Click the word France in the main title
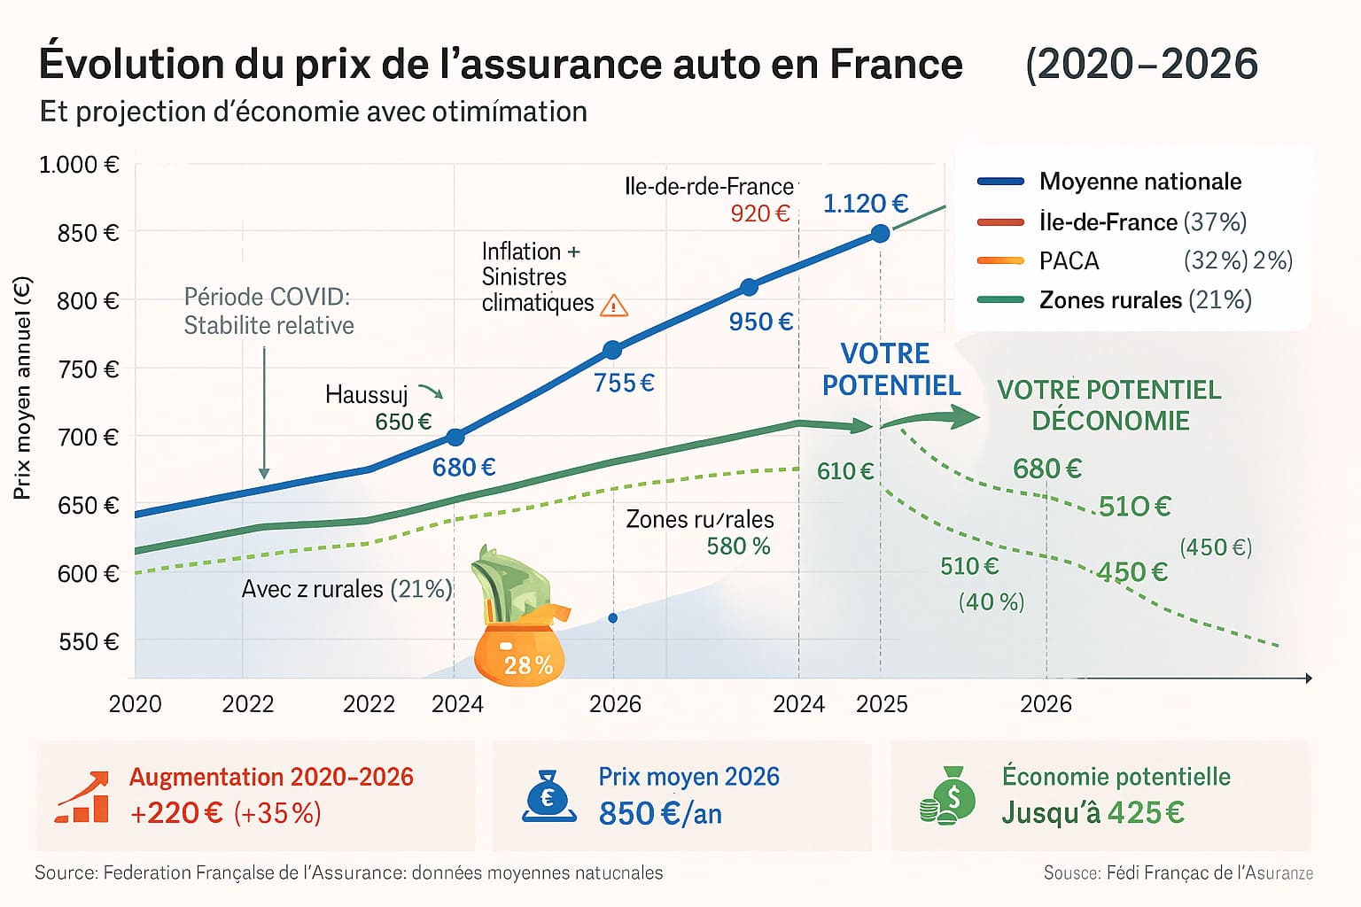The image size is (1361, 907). tap(896, 64)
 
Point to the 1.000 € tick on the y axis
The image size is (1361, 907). tap(79, 165)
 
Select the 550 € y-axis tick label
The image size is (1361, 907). tap(89, 641)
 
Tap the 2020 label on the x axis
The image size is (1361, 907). tap(135, 704)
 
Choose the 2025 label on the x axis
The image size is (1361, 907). tap(882, 704)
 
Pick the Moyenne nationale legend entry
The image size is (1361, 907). tap(1139, 182)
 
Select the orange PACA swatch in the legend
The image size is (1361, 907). tap(1000, 261)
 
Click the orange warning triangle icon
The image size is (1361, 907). tap(614, 306)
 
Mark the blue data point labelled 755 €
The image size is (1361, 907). tap(612, 350)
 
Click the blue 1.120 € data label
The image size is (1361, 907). tap(866, 204)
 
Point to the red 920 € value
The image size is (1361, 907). tap(759, 213)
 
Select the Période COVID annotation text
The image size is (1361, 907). tap(268, 311)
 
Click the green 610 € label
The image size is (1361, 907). tap(845, 471)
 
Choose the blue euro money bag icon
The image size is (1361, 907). tap(548, 795)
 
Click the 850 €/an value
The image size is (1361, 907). tap(660, 813)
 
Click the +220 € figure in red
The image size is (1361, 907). tap(176, 813)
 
